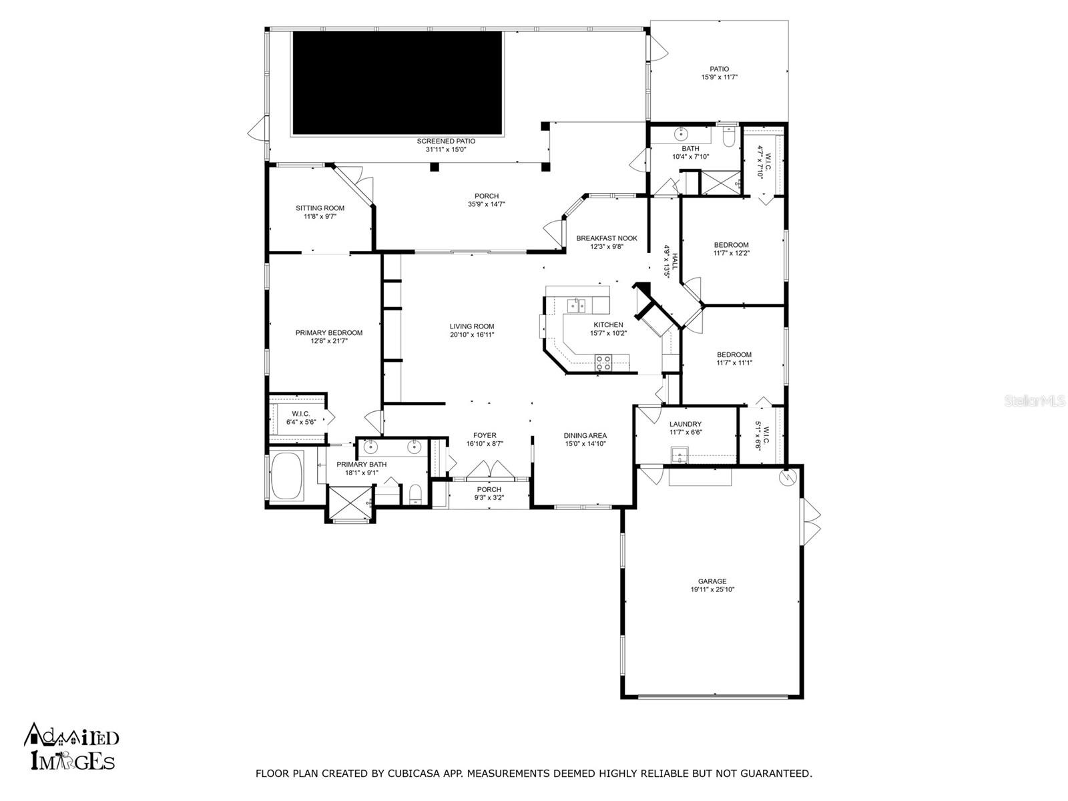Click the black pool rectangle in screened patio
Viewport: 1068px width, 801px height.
[397, 83]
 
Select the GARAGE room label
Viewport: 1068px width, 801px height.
[712, 581]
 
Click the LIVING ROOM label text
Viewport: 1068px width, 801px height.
[471, 326]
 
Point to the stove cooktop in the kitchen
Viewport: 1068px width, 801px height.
[603, 362]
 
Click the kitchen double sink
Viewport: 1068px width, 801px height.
[576, 305]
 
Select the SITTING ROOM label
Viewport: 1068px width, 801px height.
[320, 208]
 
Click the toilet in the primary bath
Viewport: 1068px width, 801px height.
[415, 494]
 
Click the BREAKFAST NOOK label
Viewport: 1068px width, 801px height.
[606, 238]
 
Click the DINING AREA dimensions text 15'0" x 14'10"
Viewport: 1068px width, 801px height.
[585, 443]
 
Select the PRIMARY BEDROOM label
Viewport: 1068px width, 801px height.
[328, 332]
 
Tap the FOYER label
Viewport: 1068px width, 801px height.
[485, 435]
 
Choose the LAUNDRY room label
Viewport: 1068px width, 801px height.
[685, 424]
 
